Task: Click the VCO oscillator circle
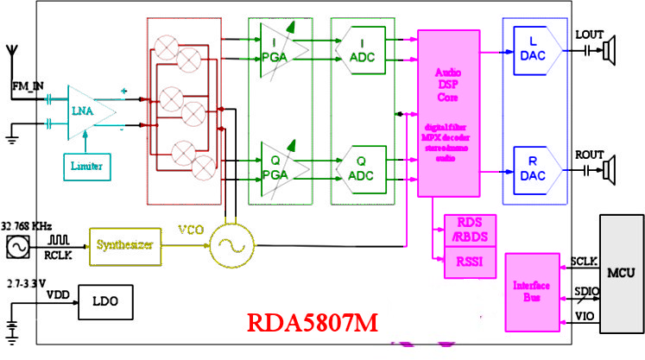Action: click(229, 246)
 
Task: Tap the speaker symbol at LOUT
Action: click(610, 54)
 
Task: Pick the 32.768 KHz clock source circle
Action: click(16, 249)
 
